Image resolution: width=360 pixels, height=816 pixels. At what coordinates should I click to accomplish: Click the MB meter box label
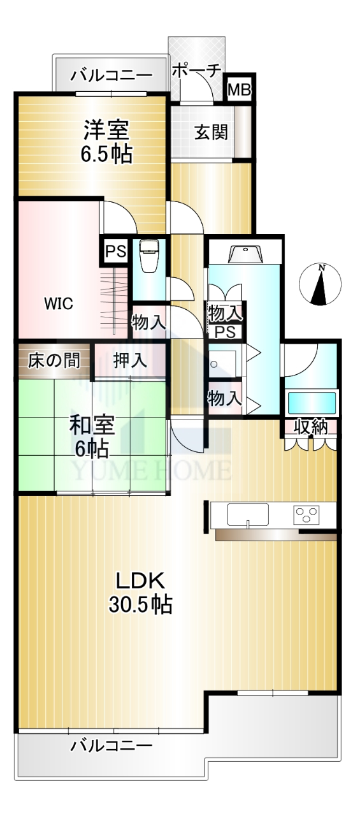pos(239,90)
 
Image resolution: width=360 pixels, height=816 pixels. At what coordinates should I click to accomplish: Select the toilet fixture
pos(148,256)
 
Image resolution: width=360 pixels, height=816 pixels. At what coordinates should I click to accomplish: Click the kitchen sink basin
pos(247,514)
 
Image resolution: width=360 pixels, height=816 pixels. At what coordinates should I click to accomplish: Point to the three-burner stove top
pos(306,514)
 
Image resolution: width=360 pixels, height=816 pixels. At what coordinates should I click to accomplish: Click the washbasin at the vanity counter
pos(245,254)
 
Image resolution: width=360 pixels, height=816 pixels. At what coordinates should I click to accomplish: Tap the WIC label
pos(59,303)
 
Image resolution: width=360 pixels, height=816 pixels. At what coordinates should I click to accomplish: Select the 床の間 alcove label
pos(54,361)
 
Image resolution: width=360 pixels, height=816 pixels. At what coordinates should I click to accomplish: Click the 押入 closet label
pos(130,361)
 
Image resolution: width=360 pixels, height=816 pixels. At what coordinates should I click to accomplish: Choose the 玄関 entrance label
pos(211,132)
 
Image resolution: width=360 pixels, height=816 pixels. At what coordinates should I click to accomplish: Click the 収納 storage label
pos(310,427)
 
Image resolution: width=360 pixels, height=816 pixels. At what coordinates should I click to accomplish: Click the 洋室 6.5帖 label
pos(106,142)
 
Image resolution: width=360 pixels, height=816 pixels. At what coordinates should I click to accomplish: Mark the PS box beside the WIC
pos(116,251)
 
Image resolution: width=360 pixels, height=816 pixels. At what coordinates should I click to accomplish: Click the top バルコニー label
pos(112,76)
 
